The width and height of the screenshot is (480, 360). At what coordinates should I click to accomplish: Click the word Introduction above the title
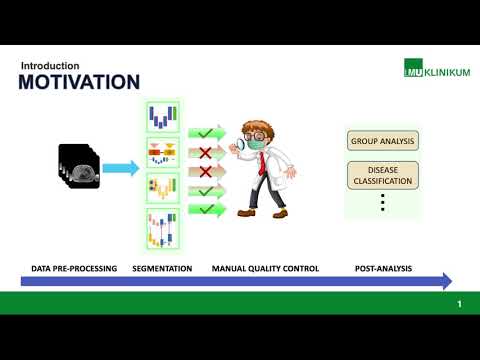point(49,65)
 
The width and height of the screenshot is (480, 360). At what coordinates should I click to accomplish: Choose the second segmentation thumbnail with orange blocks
point(162,152)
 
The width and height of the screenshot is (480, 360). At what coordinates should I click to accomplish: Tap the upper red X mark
point(206,152)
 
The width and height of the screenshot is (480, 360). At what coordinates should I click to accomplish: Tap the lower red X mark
point(206,171)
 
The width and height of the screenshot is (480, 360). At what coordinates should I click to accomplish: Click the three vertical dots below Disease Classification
point(381,203)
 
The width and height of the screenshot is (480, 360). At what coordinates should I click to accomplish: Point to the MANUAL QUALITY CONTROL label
point(265,268)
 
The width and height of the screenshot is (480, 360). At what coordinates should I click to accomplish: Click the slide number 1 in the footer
point(459,303)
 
